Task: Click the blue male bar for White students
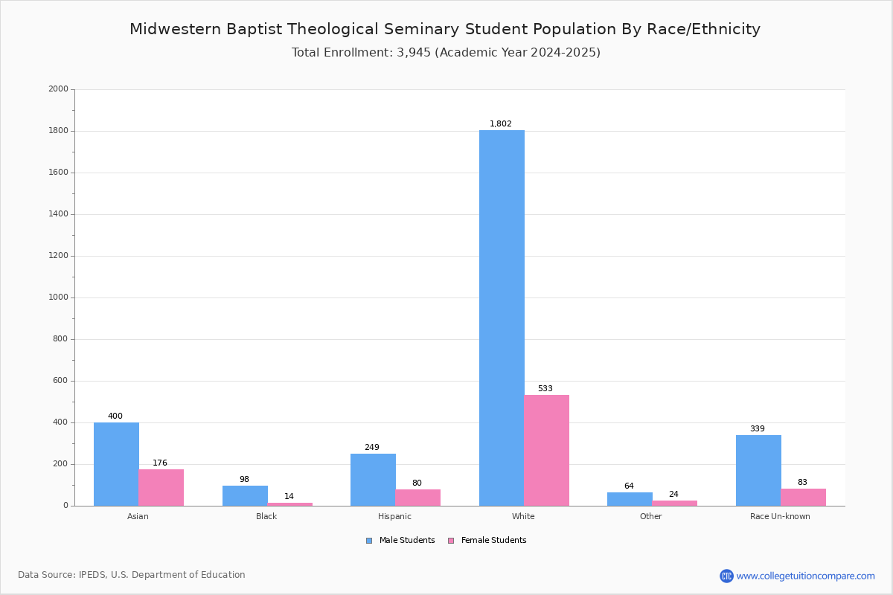tap(502, 318)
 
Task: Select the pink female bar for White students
tap(546, 450)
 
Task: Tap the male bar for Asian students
tap(116, 464)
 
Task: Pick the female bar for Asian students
tap(161, 488)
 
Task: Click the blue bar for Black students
tap(245, 496)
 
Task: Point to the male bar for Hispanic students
tap(373, 480)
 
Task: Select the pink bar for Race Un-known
tap(803, 498)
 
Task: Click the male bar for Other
tap(630, 499)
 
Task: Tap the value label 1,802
tap(501, 123)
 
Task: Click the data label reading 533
tap(545, 388)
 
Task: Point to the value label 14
tap(289, 496)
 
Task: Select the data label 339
tap(758, 428)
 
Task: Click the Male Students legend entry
tap(400, 541)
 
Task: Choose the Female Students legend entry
tap(487, 541)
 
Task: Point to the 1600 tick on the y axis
tap(58, 172)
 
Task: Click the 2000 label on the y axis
tap(58, 89)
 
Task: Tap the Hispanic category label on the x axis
tap(394, 516)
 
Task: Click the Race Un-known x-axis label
tap(780, 516)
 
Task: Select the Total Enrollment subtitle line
tap(446, 53)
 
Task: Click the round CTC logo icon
tap(727, 576)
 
